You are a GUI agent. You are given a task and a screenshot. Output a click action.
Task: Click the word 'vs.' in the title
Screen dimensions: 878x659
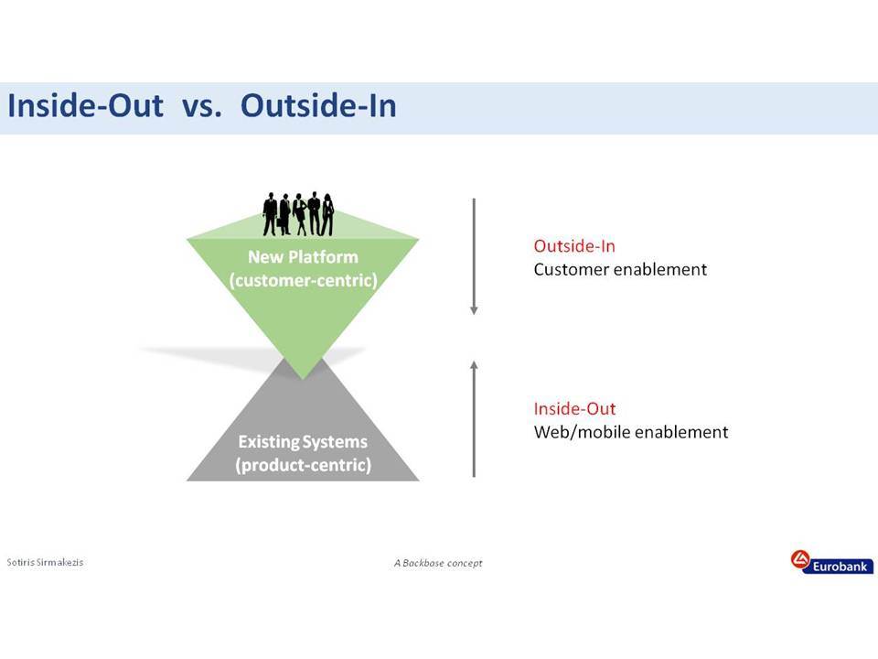tap(201, 106)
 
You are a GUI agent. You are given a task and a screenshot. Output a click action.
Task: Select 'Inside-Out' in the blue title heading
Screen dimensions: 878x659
tap(86, 105)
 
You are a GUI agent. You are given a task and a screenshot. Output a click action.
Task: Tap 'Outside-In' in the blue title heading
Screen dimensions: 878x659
tap(318, 105)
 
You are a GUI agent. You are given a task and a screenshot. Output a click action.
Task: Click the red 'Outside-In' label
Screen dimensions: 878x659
tap(574, 246)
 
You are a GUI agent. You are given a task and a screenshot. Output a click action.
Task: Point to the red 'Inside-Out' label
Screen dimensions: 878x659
tap(574, 408)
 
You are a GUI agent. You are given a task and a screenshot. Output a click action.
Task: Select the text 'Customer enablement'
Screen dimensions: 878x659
tap(620, 269)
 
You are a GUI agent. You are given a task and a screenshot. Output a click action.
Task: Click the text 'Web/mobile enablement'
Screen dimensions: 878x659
tap(631, 432)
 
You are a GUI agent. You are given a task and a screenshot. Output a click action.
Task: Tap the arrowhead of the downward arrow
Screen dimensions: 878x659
tap(474, 310)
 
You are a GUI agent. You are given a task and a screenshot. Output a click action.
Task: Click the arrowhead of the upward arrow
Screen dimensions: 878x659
tap(475, 365)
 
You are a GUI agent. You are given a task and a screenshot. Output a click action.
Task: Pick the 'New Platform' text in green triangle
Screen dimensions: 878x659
tap(303, 256)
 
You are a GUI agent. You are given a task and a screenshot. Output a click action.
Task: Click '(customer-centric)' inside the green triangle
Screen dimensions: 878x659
tap(303, 280)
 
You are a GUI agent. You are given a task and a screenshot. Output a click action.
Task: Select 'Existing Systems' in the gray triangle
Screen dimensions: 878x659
tap(303, 441)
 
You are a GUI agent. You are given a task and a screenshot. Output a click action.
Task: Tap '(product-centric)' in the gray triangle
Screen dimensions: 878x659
tap(303, 465)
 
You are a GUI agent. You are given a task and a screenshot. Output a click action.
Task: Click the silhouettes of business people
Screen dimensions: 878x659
tap(298, 214)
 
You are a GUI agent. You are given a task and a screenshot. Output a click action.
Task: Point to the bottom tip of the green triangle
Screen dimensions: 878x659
tap(303, 379)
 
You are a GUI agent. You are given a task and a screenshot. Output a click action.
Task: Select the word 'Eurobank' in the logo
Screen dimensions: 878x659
tap(840, 567)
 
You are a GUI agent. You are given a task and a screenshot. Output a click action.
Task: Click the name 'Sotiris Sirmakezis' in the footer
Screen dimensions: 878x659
tap(45, 562)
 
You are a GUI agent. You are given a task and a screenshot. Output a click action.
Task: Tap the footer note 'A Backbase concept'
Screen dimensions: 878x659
tap(438, 563)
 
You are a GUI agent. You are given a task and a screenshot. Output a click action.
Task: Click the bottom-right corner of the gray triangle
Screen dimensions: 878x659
tap(419, 481)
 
